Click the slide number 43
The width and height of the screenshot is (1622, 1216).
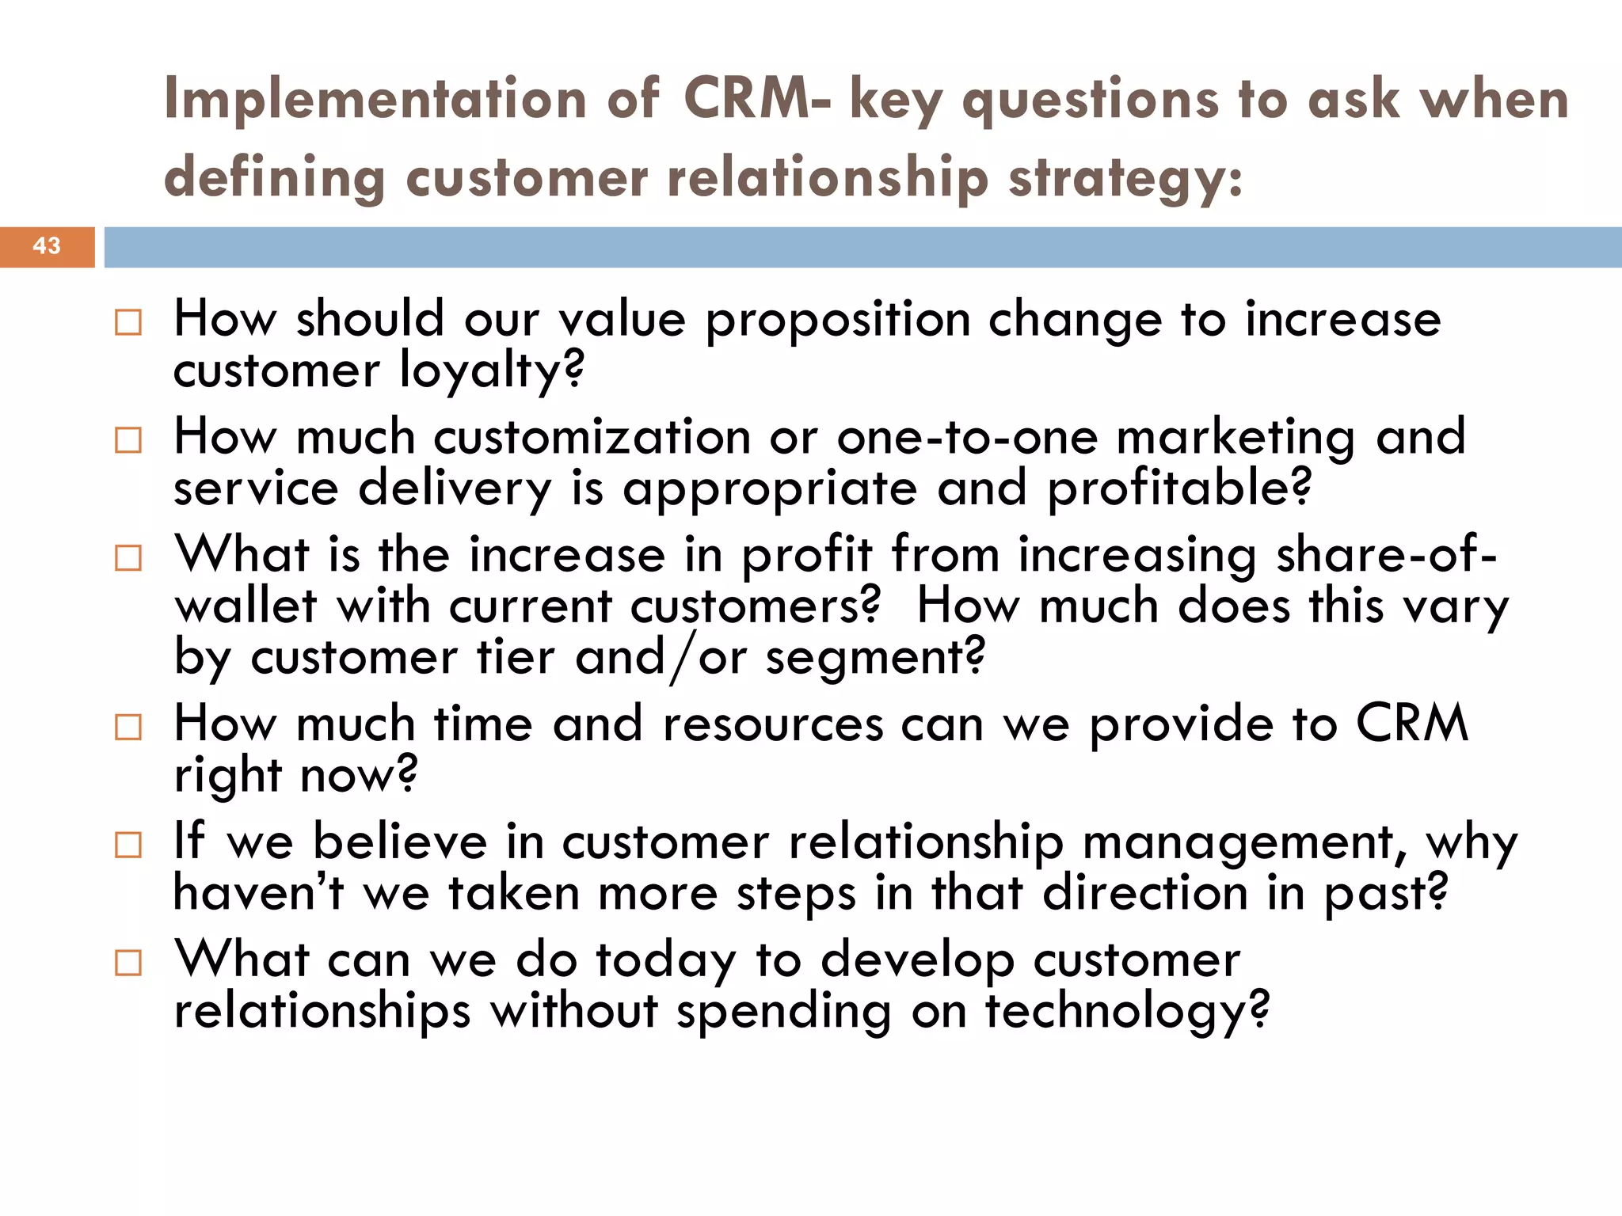point(47,246)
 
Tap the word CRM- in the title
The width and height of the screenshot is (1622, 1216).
point(757,100)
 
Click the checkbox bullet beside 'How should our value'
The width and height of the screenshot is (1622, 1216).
point(128,322)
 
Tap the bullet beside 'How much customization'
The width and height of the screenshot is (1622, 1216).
point(128,440)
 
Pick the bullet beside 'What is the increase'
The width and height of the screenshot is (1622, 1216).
point(128,558)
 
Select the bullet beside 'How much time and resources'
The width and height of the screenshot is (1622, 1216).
point(128,727)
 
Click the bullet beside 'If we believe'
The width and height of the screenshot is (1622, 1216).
point(128,845)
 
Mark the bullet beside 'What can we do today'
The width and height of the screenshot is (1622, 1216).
point(128,963)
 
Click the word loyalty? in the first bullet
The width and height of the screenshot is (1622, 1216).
point(491,370)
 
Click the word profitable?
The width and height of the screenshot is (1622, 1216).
point(1180,488)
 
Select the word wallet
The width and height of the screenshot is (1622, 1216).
point(246,606)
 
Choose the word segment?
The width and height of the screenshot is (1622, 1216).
point(875,658)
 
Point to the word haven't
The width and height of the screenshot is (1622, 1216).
point(258,893)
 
